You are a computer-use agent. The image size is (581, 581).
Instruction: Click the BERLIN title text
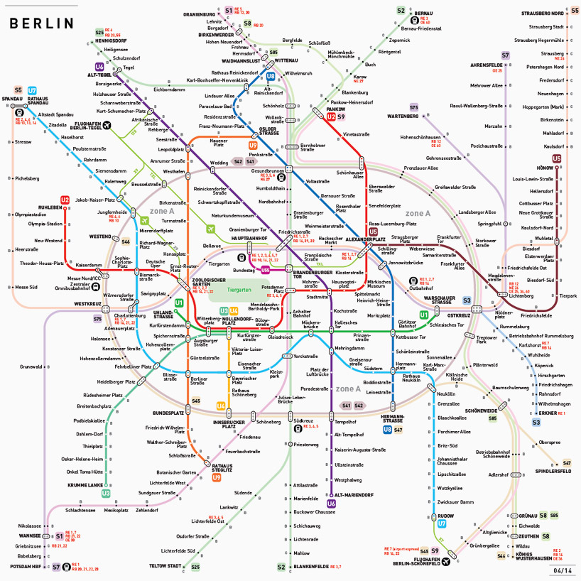(41, 23)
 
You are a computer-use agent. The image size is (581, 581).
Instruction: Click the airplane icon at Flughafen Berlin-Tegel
(107, 126)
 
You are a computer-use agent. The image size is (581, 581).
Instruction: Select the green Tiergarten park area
(239, 290)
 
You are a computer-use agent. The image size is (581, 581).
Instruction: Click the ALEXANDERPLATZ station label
(365, 239)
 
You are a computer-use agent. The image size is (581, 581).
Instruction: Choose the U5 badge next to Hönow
(556, 159)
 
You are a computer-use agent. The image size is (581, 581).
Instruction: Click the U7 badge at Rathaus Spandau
(32, 90)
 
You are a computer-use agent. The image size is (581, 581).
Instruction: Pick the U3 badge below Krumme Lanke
(106, 493)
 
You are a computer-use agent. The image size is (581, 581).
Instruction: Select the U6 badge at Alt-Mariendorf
(331, 504)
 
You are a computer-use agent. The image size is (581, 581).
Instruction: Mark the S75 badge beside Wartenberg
(413, 107)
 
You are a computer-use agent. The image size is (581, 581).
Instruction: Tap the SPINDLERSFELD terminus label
(553, 471)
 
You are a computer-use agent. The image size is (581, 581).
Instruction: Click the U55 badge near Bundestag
(265, 270)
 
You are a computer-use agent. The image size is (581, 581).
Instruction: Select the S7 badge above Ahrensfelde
(505, 55)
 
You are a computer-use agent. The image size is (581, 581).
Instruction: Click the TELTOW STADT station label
(165, 566)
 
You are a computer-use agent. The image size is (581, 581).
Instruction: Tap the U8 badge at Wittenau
(271, 77)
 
